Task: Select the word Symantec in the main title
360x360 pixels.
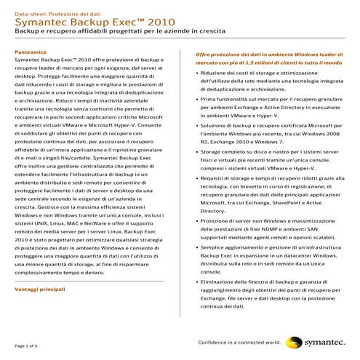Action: click(x=45, y=23)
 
